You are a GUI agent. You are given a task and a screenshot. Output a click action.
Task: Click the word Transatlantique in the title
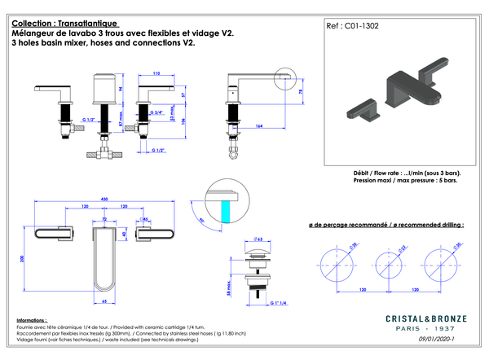[x=90, y=24]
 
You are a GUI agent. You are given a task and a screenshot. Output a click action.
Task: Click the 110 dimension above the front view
[x=156, y=72]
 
